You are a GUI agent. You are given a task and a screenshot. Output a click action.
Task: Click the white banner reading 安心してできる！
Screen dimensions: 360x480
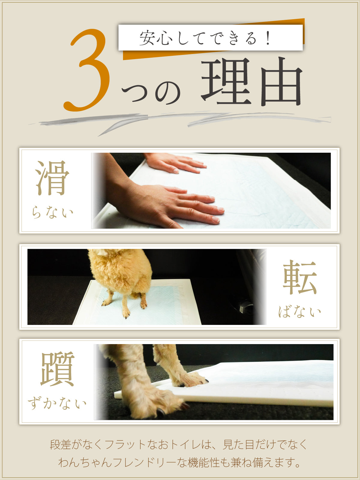click(x=211, y=37)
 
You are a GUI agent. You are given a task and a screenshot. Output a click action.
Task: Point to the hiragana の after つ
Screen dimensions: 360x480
click(x=168, y=93)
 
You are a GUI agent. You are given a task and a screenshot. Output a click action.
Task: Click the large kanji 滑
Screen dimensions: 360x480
click(x=52, y=178)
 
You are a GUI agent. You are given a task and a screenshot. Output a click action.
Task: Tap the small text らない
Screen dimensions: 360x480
click(x=52, y=212)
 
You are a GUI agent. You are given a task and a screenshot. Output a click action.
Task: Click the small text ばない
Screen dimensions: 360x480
click(x=299, y=311)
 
